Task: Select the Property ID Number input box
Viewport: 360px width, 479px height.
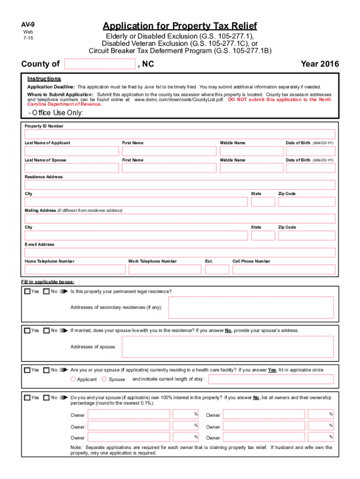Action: point(180,134)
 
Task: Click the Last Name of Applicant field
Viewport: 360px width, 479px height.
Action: point(72,151)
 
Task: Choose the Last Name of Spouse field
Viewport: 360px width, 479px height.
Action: point(72,168)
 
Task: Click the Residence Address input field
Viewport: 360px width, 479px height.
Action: point(180,185)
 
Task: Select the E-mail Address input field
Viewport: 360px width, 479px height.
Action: point(180,253)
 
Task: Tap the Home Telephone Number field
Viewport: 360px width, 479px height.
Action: point(75,269)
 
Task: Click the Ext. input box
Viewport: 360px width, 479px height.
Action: point(217,269)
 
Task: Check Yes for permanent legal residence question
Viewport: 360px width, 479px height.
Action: point(28,292)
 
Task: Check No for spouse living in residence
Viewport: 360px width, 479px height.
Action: point(46,331)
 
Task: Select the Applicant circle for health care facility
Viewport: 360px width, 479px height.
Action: point(73,379)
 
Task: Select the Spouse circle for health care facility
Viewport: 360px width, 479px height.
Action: point(104,379)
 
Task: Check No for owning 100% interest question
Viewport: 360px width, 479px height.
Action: point(46,398)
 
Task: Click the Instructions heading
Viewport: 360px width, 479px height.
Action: point(44,79)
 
